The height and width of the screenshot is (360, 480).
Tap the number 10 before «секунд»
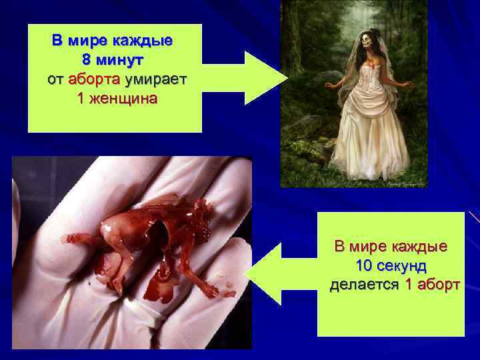coord(365,265)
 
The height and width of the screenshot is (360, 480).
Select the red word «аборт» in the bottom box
coord(438,285)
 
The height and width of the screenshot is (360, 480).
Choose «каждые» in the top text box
coord(145,40)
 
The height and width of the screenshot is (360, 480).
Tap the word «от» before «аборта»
coord(55,80)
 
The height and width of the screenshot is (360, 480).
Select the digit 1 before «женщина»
coord(81,100)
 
